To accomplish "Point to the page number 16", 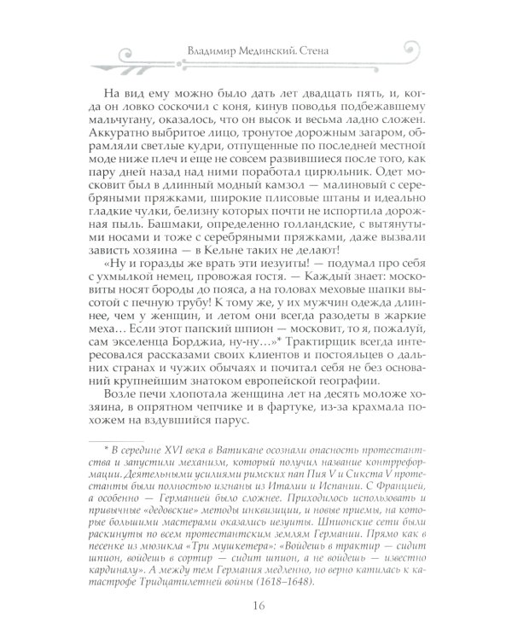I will tap(256, 607).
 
